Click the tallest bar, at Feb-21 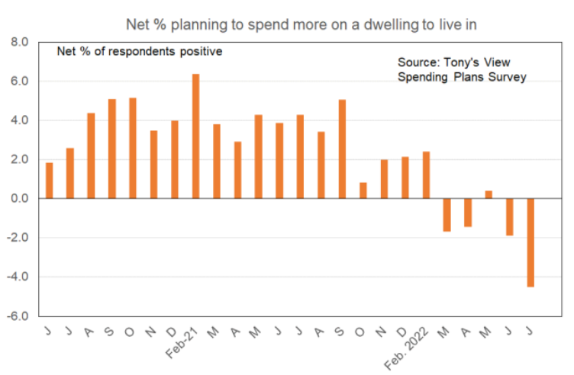point(195,136)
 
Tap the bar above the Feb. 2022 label point(426,175)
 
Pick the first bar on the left point(50,180)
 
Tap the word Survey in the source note point(507,77)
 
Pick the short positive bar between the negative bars point(489,194)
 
